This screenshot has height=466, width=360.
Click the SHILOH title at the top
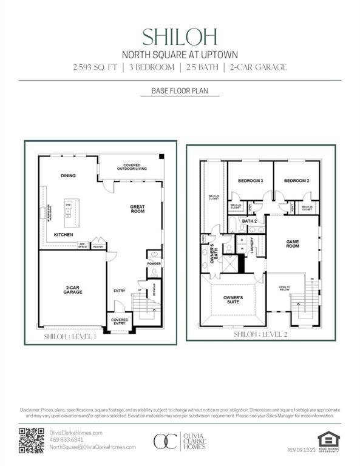point(180,36)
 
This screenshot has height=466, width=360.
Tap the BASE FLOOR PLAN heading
point(180,92)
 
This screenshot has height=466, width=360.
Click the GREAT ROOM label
point(137,209)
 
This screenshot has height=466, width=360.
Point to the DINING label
point(68,176)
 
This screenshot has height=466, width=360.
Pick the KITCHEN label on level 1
point(64,234)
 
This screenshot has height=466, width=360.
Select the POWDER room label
point(154,263)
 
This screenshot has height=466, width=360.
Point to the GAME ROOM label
point(293,243)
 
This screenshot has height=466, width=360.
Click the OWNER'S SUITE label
point(233,300)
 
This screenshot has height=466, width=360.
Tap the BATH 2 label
point(250,221)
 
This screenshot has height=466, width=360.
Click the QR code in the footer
point(32,441)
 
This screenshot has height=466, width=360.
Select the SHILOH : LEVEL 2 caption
point(260,334)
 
